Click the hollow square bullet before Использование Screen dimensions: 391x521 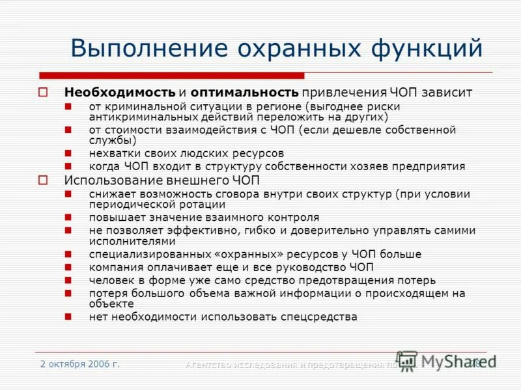point(43,181)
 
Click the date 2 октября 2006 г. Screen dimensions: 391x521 point(79,364)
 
